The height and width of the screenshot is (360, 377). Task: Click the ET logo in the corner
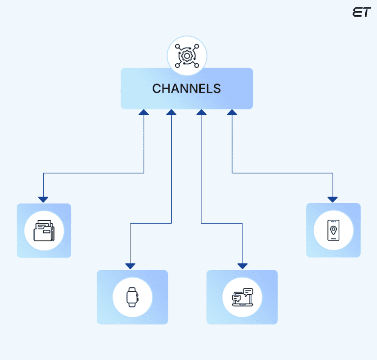click(x=361, y=13)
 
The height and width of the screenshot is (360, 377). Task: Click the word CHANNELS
click(x=187, y=89)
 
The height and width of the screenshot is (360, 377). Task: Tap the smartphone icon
click(x=333, y=231)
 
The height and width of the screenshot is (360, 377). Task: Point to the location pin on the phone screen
click(x=333, y=229)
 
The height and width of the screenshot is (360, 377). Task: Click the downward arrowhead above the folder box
click(x=43, y=199)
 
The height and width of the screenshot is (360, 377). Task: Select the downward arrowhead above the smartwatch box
click(x=130, y=266)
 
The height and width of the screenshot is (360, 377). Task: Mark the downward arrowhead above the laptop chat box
click(x=242, y=266)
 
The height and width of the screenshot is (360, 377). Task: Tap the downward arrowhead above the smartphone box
click(x=332, y=199)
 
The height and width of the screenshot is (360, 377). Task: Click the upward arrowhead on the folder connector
click(x=143, y=112)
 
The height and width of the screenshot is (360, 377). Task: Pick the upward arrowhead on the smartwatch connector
click(x=171, y=112)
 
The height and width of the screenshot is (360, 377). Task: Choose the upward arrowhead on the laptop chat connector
click(x=201, y=112)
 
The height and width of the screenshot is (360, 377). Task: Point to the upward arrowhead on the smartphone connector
click(x=232, y=112)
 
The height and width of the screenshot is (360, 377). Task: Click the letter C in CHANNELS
click(x=157, y=89)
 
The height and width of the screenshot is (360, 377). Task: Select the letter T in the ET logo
click(x=366, y=13)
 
